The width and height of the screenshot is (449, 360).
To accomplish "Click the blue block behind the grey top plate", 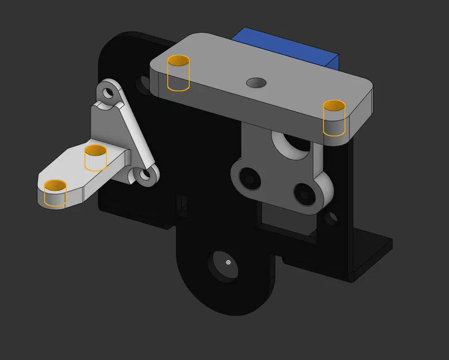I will (x=288, y=43).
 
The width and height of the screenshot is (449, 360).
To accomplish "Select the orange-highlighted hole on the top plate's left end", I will (x=178, y=73).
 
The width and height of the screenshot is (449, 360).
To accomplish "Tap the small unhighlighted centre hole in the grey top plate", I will (x=256, y=82).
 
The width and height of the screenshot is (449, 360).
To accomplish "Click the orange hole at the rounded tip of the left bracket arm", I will (x=56, y=192).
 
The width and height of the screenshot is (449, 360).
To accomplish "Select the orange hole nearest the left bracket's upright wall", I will (x=96, y=157).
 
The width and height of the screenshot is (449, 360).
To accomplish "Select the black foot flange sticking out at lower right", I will (x=371, y=253).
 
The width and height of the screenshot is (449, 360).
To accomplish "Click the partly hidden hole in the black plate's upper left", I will (x=142, y=85).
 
